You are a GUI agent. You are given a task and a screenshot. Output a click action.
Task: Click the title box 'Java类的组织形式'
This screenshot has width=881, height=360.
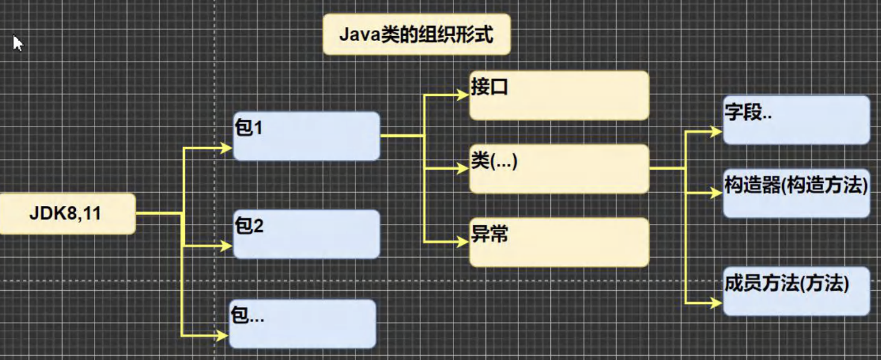pos(417,34)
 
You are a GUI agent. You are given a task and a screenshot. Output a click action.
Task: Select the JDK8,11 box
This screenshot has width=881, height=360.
pos(67,214)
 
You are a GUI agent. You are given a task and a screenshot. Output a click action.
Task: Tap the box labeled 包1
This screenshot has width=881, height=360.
pos(307,136)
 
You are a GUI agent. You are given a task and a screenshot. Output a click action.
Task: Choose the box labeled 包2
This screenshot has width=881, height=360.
pos(307,234)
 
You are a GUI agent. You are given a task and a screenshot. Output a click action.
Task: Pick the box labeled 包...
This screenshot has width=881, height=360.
pos(302,324)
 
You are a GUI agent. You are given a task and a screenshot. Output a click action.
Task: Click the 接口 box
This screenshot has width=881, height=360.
pos(559,96)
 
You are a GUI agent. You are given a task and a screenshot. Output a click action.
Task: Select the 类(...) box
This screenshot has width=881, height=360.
pos(559,169)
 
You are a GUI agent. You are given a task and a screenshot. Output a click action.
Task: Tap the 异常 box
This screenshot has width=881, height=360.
pos(559,242)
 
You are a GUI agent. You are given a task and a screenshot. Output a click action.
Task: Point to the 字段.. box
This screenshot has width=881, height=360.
pos(797,120)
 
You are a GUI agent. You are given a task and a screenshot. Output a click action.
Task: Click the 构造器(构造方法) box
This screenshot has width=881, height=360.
pos(797,193)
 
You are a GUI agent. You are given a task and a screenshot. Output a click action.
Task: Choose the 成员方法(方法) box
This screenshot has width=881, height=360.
pos(797,291)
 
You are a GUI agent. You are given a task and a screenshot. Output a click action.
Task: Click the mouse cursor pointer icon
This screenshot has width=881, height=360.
pos(17,43)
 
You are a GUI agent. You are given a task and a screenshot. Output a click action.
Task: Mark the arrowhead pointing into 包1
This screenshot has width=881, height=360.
pos(226,148)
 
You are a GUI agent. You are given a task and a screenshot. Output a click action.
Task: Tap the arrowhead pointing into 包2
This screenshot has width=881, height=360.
pos(226,246)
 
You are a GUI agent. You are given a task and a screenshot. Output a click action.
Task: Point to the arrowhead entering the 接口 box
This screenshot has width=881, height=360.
pos(463,95)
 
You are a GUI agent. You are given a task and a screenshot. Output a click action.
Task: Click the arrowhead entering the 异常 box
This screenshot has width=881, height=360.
pos(463,241)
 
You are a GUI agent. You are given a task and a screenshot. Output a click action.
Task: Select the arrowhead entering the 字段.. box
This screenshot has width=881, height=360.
pos(717,132)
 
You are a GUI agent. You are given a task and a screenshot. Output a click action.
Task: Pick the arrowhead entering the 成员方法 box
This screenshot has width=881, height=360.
pos(717,303)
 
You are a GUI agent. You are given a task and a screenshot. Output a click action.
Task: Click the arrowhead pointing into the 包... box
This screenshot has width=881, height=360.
pos(223,336)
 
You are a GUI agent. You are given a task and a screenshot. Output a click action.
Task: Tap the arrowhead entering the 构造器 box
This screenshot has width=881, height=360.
pos(717,193)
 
